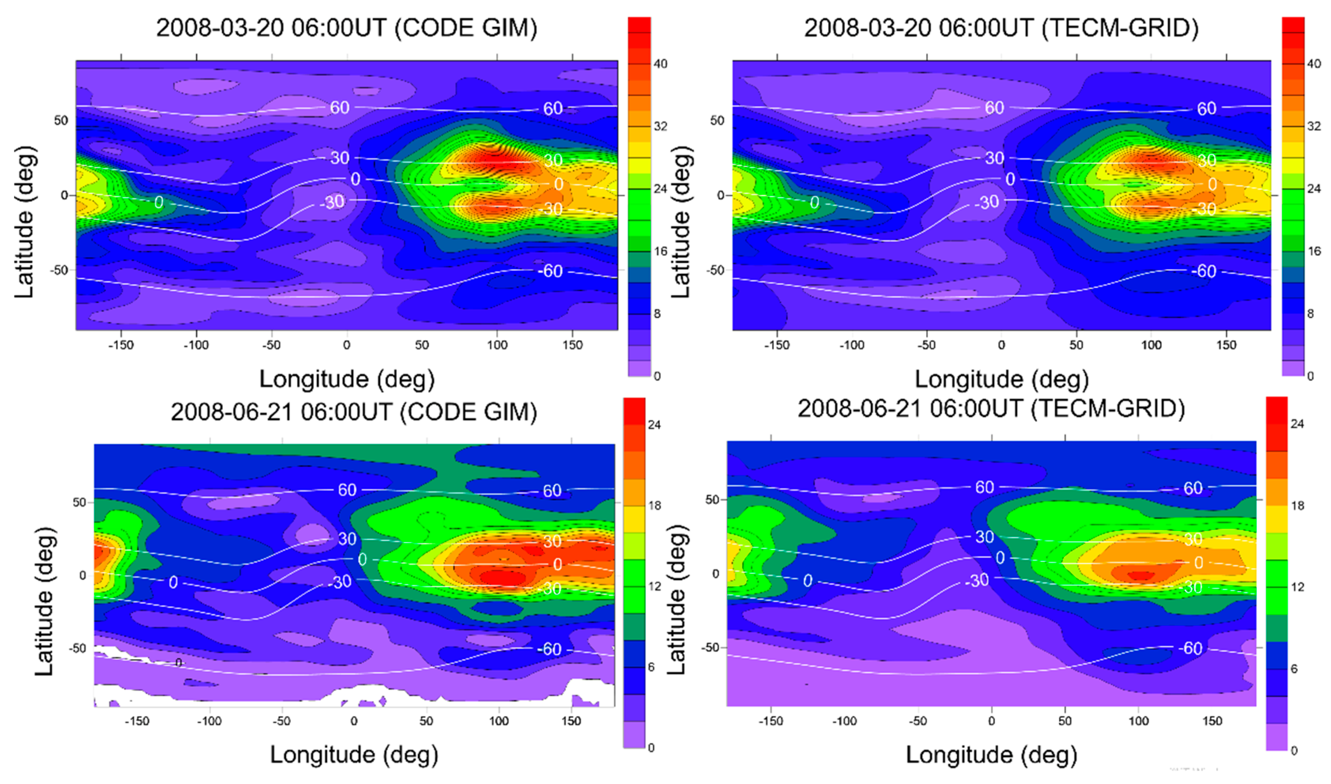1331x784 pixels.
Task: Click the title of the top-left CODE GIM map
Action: [347, 28]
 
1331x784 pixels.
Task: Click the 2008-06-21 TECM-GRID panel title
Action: [991, 408]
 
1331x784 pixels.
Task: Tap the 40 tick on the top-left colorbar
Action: [660, 64]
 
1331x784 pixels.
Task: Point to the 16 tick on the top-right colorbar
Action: [1314, 251]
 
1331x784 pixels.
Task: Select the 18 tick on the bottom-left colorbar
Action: [654, 505]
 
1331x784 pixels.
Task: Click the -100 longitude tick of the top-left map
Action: [196, 345]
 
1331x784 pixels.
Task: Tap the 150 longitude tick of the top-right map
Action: [1226, 345]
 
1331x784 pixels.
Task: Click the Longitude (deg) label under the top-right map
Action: [1001, 379]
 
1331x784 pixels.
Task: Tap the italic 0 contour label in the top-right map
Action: [814, 202]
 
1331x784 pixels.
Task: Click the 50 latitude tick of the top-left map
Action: [61, 121]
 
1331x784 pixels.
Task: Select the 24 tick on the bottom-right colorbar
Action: [1297, 424]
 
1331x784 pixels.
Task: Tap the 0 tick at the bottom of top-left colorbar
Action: [657, 376]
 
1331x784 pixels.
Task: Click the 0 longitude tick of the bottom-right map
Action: [992, 721]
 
